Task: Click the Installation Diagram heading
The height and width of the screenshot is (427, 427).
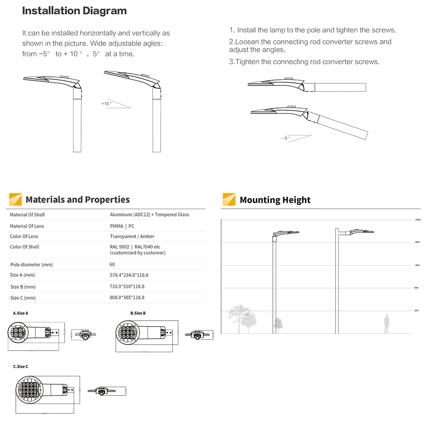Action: click(74, 11)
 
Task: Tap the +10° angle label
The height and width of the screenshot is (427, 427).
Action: click(106, 104)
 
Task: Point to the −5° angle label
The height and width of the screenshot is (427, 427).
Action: click(286, 138)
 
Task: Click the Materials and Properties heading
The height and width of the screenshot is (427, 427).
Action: click(77, 199)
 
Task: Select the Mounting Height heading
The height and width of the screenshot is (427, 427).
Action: click(275, 200)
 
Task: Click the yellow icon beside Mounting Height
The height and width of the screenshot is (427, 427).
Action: click(229, 199)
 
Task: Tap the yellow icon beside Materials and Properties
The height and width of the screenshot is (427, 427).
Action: click(15, 199)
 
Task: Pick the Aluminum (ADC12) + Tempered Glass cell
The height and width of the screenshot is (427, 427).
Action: click(149, 215)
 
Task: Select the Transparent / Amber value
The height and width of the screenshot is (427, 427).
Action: click(132, 237)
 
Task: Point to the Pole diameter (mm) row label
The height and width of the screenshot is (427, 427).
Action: click(31, 265)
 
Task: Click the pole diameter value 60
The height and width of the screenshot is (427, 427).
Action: click(112, 265)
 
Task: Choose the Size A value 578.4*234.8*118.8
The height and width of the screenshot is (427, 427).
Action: click(129, 275)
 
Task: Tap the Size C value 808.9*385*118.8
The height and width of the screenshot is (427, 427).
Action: click(127, 298)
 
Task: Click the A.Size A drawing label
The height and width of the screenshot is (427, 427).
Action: click(20, 313)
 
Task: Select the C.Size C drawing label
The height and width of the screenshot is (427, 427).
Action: click(20, 366)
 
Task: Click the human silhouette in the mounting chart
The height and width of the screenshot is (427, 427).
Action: click(386, 324)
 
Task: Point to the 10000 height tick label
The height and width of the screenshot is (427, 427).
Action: click(418, 220)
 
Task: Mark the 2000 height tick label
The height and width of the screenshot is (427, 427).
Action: click(416, 311)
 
